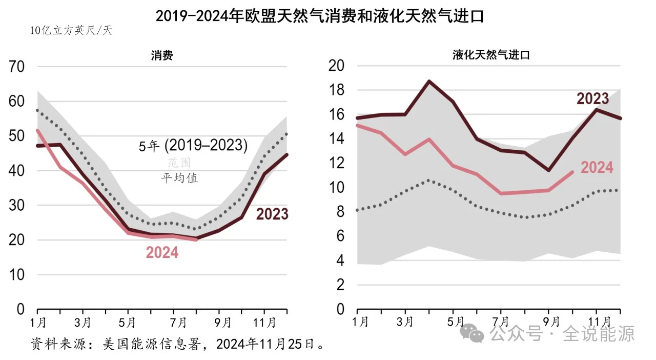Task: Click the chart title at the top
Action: point(320,16)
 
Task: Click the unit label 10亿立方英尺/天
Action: point(71,31)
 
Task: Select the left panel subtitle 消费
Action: point(161,55)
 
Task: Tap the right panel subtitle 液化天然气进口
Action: point(491,55)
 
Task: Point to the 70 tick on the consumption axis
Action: point(17,67)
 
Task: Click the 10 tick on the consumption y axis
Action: point(17,275)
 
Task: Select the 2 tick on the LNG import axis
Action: point(339,286)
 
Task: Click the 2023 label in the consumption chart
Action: point(272,214)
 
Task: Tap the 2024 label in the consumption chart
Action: point(162,253)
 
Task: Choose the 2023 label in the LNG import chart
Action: point(592,98)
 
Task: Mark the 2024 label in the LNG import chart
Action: point(597,167)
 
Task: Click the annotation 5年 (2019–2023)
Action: point(193,146)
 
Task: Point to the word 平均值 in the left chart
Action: point(179,178)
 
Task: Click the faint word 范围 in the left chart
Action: point(179,163)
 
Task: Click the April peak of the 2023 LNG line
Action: point(429,81)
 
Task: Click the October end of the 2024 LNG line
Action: point(573,172)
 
